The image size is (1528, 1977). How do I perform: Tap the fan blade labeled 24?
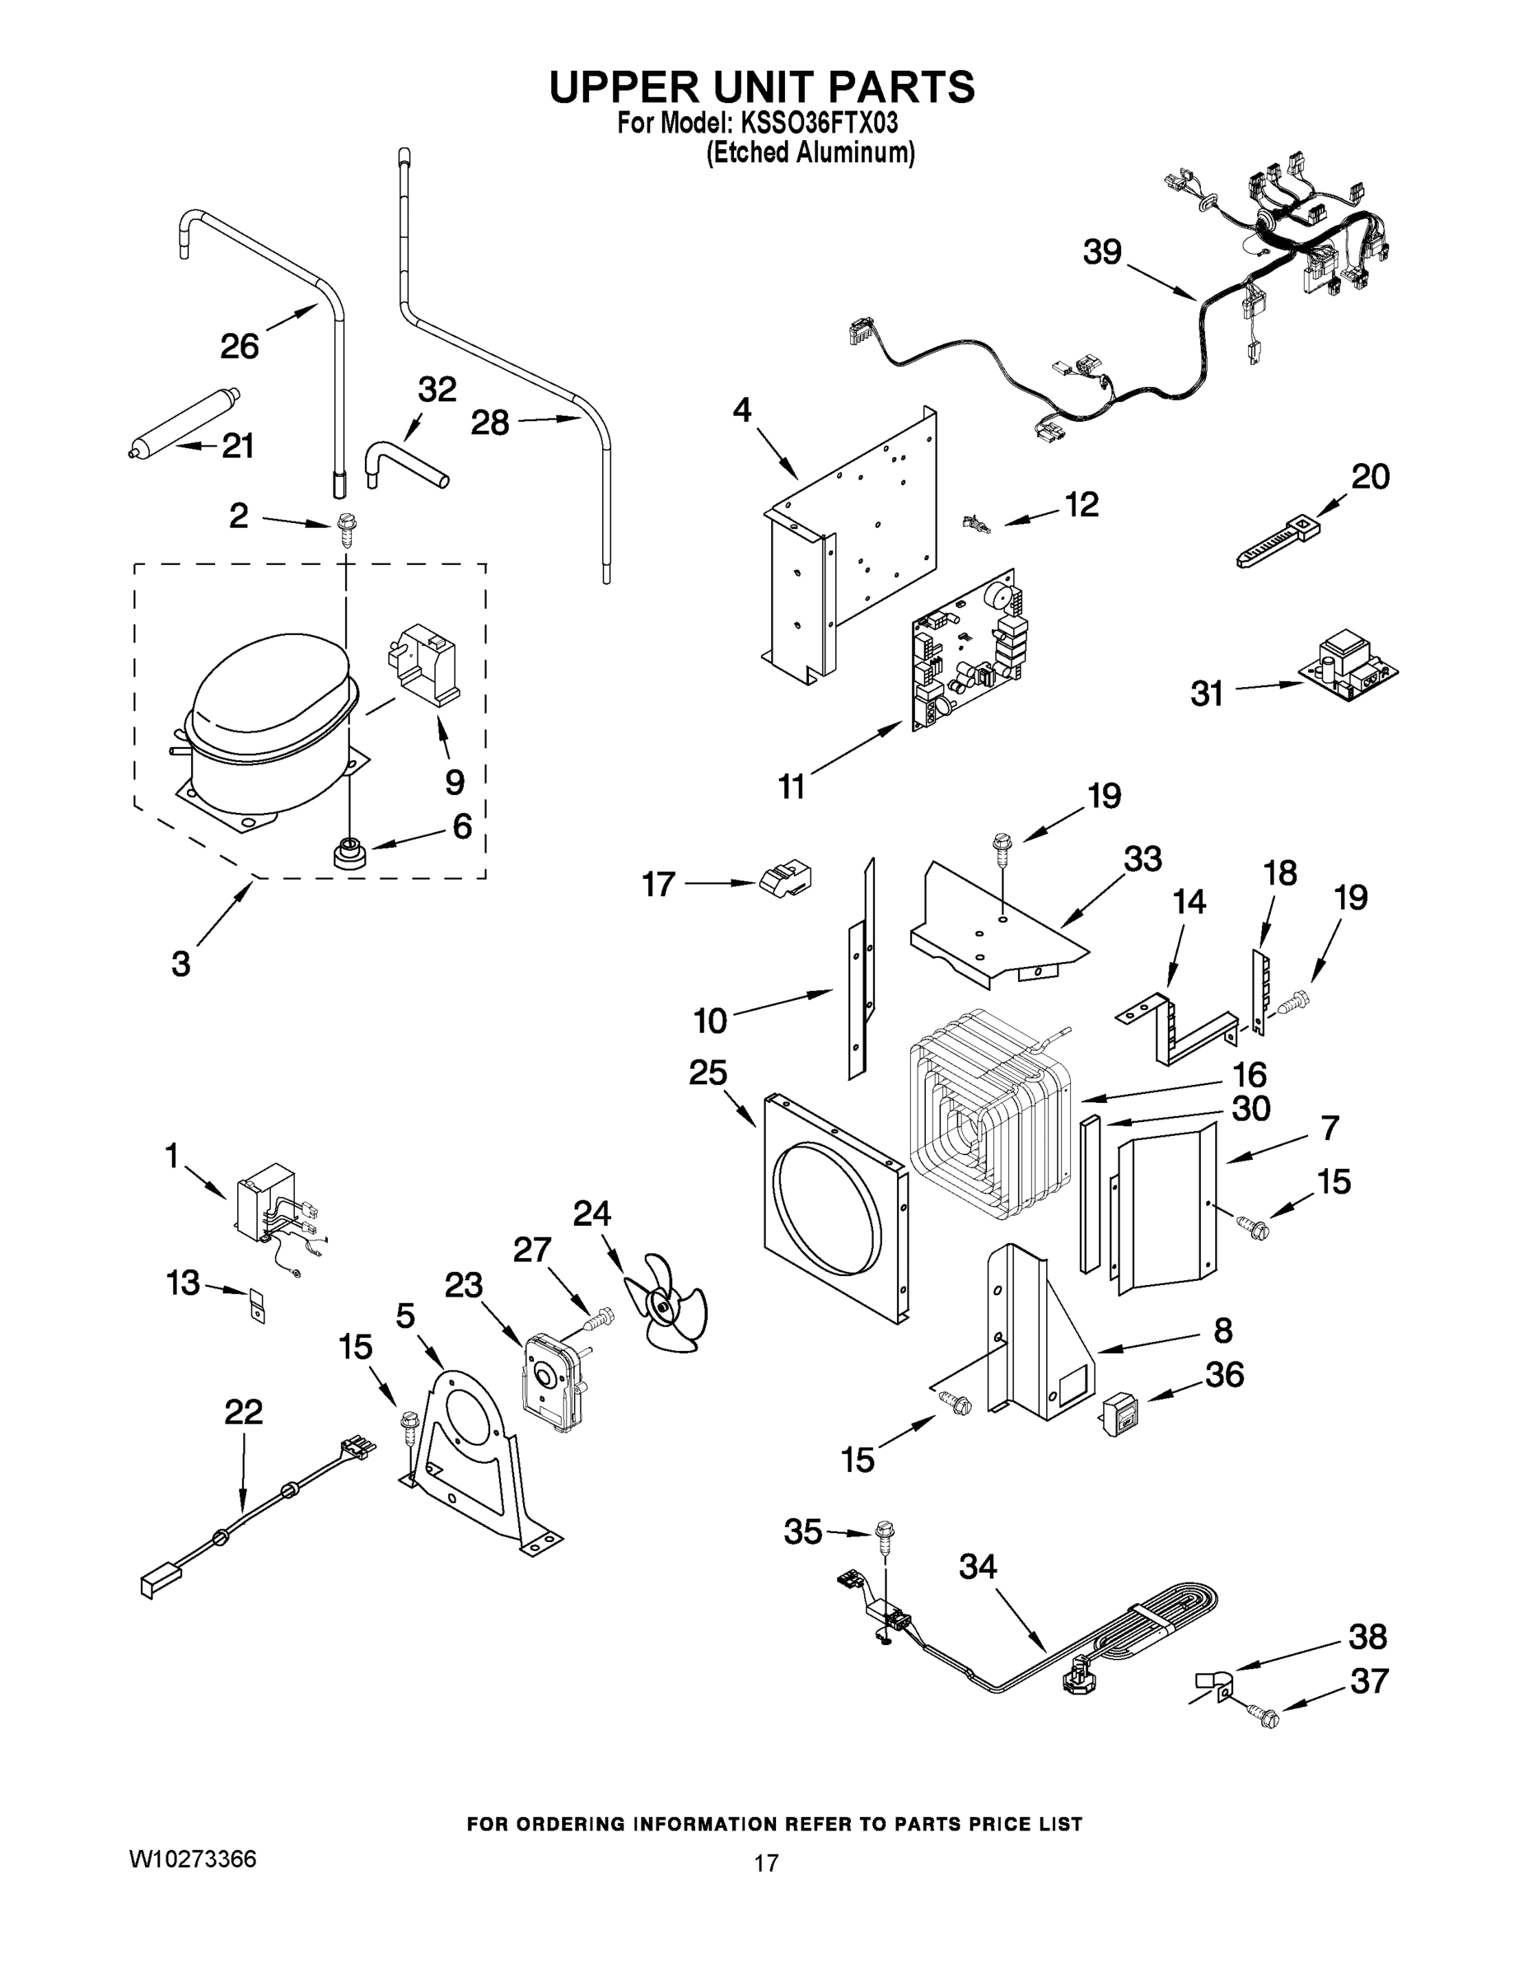click(668, 1303)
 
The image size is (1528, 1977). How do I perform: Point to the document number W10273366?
click(193, 1859)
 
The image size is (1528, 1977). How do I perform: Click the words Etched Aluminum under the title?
click(811, 153)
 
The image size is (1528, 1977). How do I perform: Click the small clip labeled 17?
click(785, 878)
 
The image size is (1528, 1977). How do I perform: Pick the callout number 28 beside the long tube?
click(490, 423)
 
